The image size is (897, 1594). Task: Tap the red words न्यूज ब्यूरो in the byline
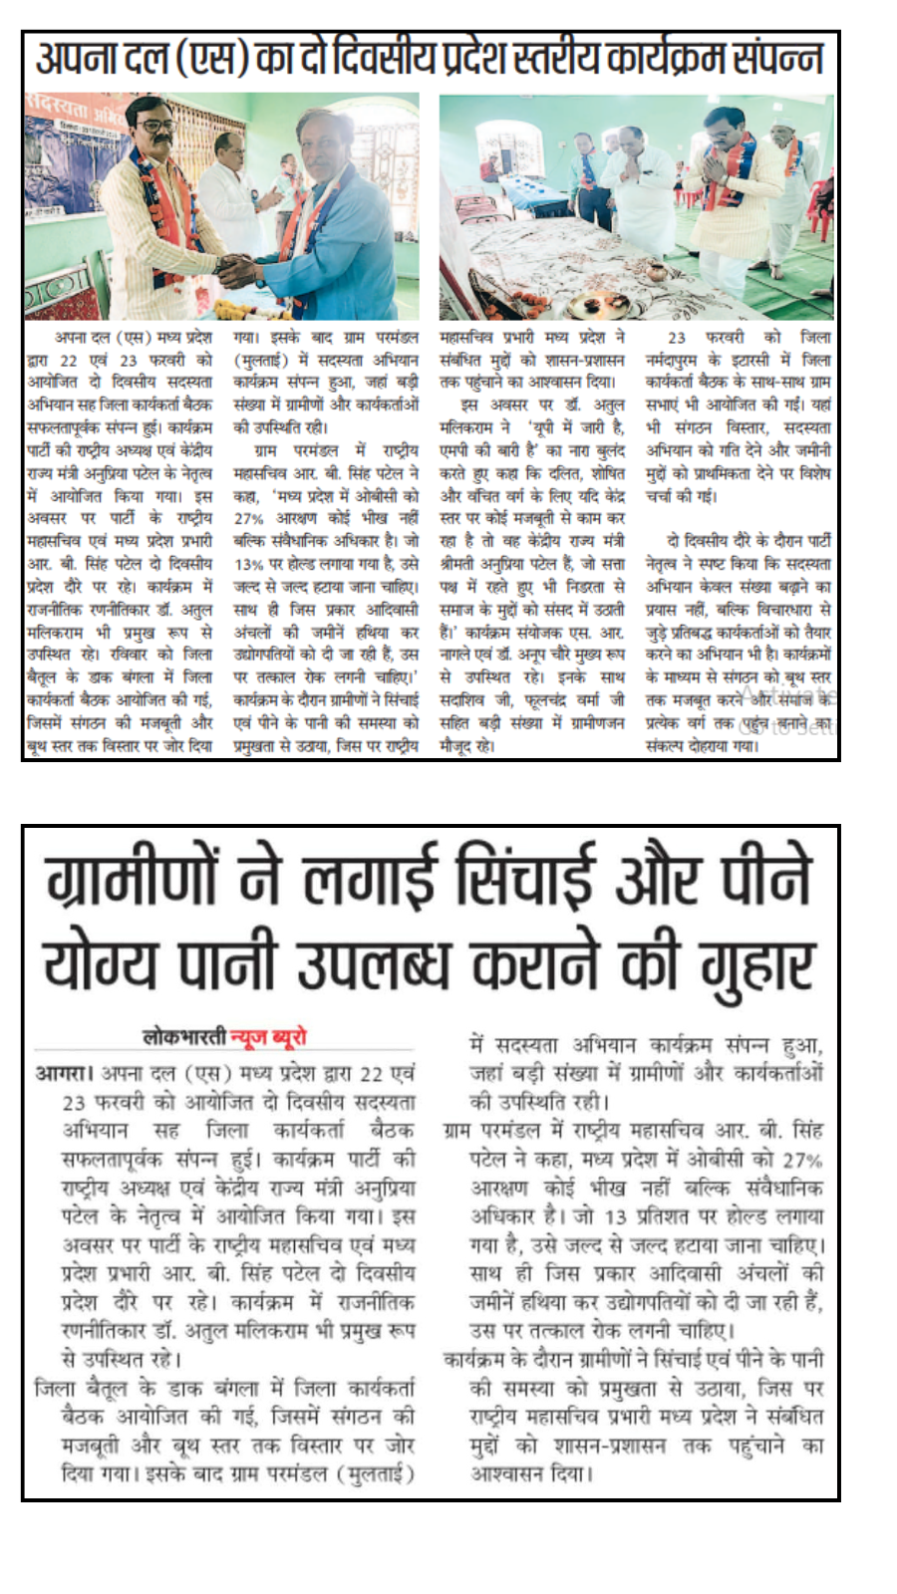point(269,1037)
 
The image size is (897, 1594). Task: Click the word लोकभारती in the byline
point(185,1037)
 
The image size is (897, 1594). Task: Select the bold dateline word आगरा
point(62,1073)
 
